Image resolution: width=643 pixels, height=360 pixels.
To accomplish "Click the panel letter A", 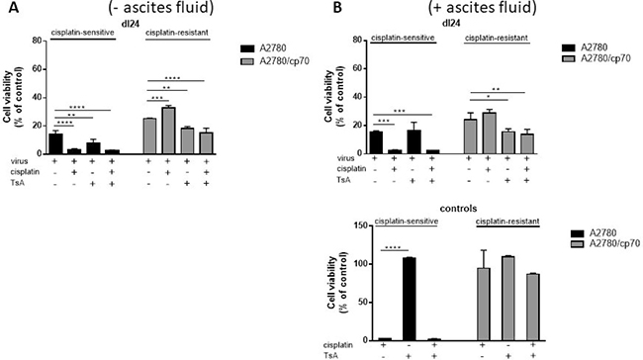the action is point(14,7).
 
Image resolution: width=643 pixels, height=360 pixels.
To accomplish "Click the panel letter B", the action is point(337,7).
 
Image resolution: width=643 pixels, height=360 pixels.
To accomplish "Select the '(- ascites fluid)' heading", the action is point(161,7).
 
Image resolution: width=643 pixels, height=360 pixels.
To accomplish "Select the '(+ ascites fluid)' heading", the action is point(483,7).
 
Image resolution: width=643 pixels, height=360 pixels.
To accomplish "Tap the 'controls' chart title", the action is point(458,209).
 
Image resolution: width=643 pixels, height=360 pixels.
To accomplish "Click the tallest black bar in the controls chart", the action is point(410,299).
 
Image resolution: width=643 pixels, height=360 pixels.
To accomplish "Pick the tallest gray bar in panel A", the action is point(168,131).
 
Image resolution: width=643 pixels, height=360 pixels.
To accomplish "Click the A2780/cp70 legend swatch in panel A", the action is point(247,61).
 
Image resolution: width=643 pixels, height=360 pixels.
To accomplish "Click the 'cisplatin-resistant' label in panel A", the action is point(177,33).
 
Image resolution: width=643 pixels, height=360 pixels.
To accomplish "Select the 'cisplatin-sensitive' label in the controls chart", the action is point(407,222).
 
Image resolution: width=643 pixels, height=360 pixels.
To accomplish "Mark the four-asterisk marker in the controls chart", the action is point(394,247).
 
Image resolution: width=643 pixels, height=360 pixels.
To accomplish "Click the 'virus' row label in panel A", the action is point(20,161).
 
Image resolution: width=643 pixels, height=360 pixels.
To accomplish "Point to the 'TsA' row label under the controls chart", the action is point(331,356).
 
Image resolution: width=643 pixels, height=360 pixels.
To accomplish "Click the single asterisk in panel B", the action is point(489,98).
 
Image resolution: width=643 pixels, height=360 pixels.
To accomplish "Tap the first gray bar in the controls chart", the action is point(484,305).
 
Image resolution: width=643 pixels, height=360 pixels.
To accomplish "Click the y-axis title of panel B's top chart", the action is point(334,96).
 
